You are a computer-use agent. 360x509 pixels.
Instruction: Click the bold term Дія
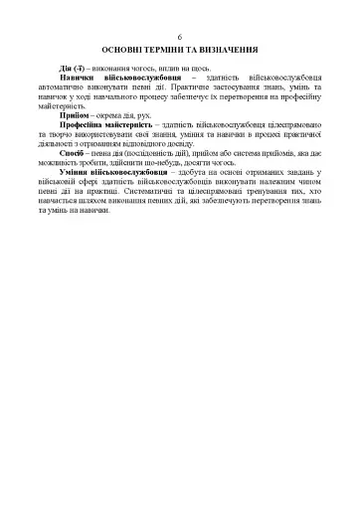click(x=67, y=66)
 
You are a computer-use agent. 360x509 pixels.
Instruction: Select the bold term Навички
click(x=79, y=77)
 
